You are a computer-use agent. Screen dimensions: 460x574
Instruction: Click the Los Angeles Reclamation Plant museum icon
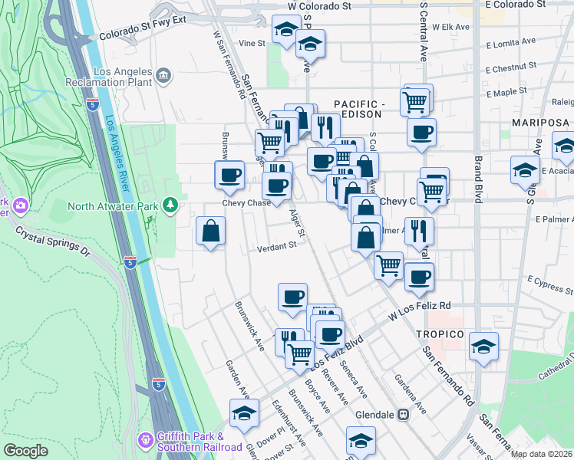pos(163,75)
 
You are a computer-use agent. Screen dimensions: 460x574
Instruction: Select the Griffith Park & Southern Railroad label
pos(200,442)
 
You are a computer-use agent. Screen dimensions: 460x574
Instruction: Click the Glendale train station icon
pos(402,414)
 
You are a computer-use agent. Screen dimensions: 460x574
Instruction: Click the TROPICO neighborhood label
pos(440,335)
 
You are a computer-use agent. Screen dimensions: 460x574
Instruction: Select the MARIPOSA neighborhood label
pos(542,123)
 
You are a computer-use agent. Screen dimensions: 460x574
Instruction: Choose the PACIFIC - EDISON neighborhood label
pos(358,109)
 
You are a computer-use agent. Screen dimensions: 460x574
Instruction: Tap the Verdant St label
pos(276,246)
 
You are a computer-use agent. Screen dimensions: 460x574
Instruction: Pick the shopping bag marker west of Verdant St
pos(210,231)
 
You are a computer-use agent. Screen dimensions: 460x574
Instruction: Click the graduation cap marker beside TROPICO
pos(483,347)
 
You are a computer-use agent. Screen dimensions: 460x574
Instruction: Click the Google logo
pos(25,450)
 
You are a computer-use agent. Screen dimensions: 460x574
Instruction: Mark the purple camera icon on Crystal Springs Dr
pos(18,205)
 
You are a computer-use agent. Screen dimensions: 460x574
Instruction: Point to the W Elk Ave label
pos(450,26)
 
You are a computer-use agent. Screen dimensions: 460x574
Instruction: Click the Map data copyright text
pos(540,454)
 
